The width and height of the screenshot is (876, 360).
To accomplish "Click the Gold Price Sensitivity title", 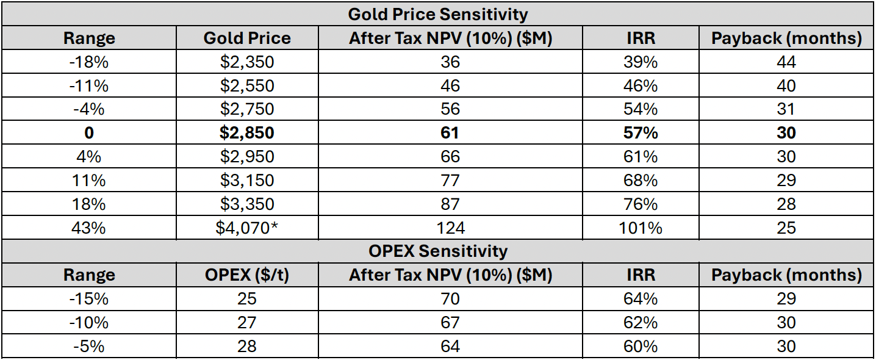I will click(437, 13).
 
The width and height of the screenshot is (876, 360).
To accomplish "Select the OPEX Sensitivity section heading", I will click(437, 251).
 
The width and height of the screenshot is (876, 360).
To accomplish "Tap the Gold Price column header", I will click(247, 38).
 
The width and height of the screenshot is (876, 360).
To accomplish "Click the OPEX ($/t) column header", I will click(247, 275).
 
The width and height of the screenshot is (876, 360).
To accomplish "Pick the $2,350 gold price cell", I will click(247, 62).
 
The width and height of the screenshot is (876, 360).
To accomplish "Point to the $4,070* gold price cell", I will click(247, 228).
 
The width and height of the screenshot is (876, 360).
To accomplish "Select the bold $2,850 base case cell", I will click(247, 133).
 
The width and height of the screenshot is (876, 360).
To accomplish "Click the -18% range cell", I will click(89, 62).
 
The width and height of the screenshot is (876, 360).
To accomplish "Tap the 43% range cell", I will click(89, 228).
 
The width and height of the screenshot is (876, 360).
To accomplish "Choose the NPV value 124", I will click(450, 228).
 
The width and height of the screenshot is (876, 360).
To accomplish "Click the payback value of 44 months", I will click(786, 62).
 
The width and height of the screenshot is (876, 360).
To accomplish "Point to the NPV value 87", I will click(450, 204).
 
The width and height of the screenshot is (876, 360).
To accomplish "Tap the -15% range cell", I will click(89, 298).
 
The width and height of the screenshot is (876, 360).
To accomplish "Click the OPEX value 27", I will click(247, 322).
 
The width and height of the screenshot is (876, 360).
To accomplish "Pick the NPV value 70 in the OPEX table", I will click(450, 298).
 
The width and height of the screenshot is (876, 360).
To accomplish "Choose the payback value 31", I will click(786, 109).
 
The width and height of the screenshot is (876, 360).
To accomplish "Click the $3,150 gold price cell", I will click(247, 180).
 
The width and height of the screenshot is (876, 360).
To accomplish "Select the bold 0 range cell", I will click(89, 133).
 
